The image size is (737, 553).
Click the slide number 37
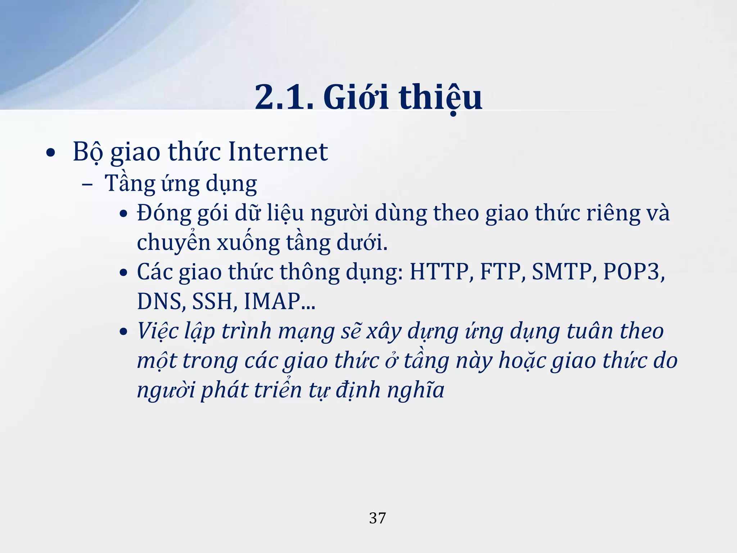tap(377, 518)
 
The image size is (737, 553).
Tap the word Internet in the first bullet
tap(278, 152)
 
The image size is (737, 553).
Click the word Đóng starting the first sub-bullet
tap(164, 213)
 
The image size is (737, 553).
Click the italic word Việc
tap(158, 331)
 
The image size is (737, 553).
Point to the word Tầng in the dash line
tap(129, 184)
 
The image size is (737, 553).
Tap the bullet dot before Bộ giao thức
tap(51, 153)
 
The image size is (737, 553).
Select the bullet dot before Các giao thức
tap(123, 273)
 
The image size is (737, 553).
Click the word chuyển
tap(173, 243)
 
